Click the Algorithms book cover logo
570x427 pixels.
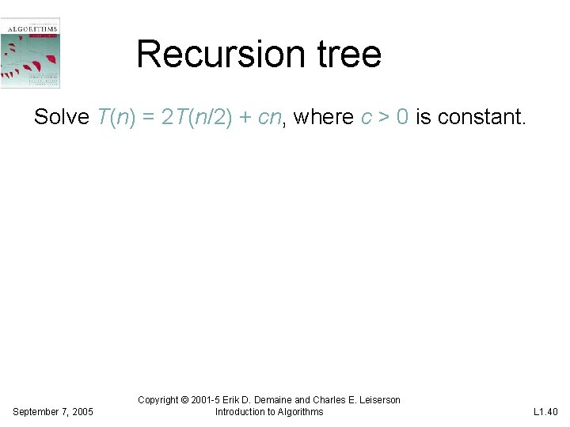click(31, 52)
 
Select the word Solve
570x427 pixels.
click(62, 117)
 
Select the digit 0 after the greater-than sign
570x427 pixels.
click(402, 117)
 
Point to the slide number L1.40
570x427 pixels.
click(545, 412)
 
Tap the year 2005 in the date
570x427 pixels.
click(82, 412)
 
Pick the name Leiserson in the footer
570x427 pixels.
click(377, 400)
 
